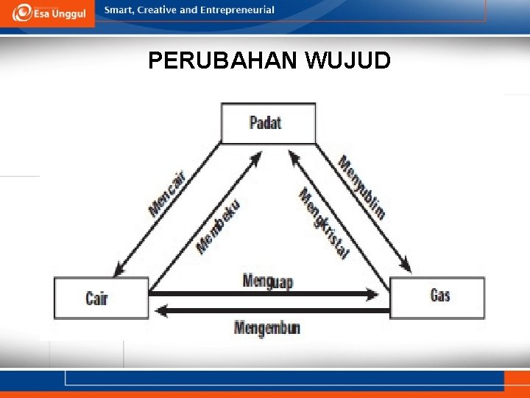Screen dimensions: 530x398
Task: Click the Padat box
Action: pyautogui.click(x=268, y=123)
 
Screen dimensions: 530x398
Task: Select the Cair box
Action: pyautogui.click(x=102, y=298)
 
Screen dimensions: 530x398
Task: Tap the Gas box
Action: pyautogui.click(x=437, y=298)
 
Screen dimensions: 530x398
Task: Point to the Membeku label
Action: pyautogui.click(x=219, y=226)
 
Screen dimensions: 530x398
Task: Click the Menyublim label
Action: pyautogui.click(x=361, y=187)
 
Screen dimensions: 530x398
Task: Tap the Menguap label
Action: pyautogui.click(x=267, y=281)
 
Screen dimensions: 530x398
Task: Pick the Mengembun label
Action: pyautogui.click(x=267, y=327)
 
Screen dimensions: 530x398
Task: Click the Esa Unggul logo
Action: pyautogui.click(x=47, y=13)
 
